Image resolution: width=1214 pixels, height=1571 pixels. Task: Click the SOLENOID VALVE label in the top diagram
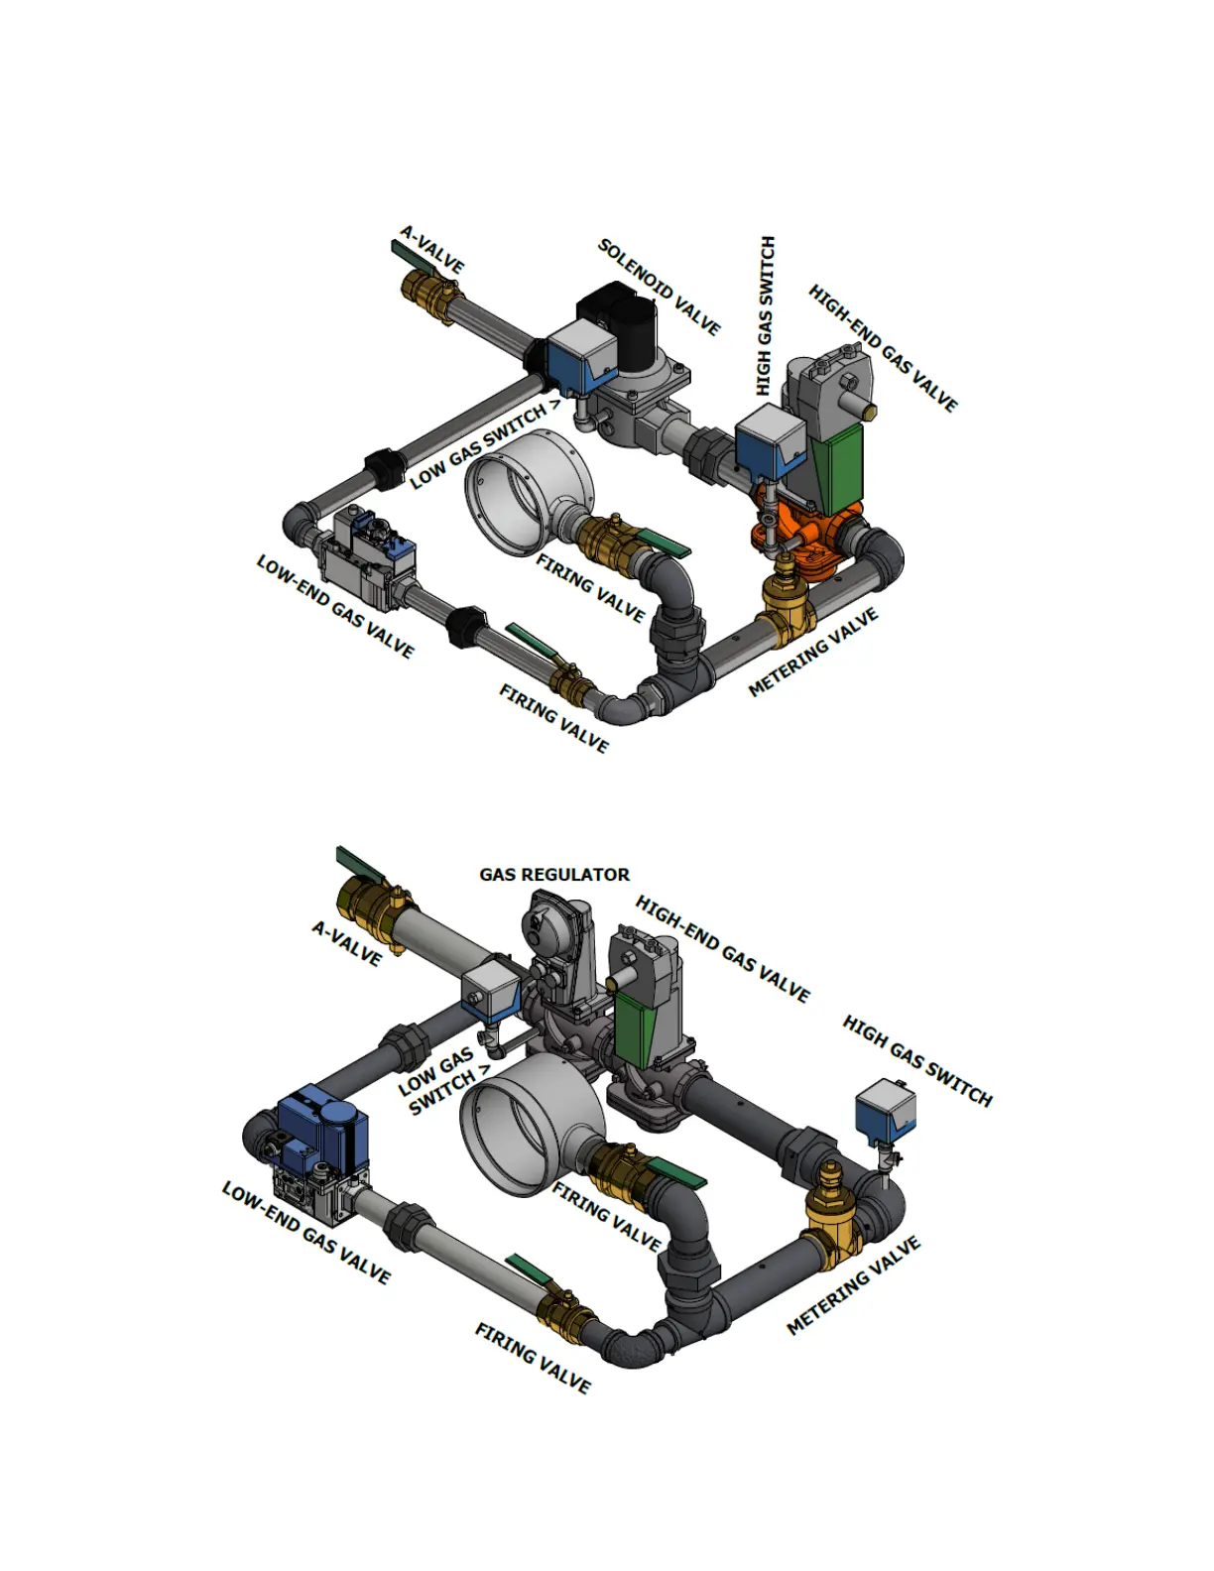[x=659, y=287]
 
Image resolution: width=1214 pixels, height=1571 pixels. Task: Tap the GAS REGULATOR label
[x=554, y=875]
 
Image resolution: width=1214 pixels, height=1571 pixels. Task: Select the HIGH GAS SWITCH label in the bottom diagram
[x=917, y=1061]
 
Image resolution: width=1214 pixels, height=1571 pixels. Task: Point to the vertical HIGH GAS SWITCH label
[x=765, y=316]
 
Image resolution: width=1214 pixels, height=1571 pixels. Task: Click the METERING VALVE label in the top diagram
[x=813, y=653]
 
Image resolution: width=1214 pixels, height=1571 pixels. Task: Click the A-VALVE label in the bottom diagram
[x=347, y=943]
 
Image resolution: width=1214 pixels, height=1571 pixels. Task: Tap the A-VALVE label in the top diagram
[x=431, y=249]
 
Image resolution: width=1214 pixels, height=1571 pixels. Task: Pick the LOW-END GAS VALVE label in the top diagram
[x=335, y=607]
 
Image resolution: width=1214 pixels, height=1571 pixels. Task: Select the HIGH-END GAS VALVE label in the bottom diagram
[x=723, y=948]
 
